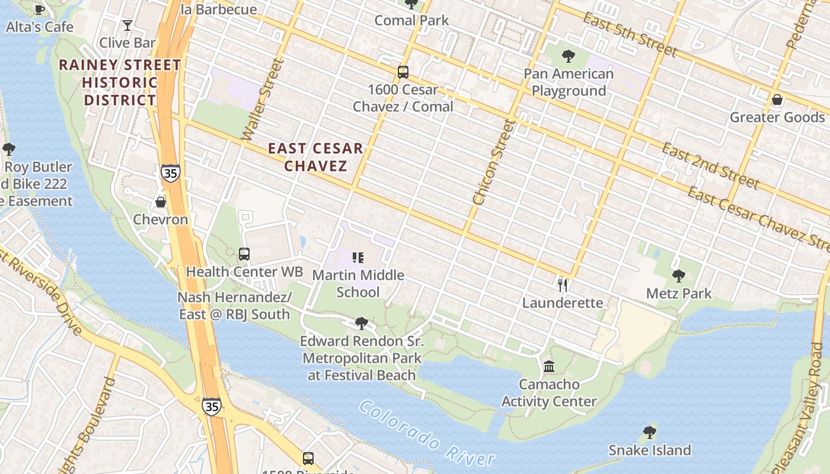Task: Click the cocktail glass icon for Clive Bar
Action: [x=127, y=25]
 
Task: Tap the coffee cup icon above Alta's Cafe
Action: [x=40, y=9]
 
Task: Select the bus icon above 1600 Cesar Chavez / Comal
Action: [x=403, y=72]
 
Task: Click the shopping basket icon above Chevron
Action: [x=160, y=202]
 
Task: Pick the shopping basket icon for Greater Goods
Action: [x=777, y=100]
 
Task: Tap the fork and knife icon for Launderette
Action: [x=563, y=286]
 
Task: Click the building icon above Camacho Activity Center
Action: [x=549, y=367]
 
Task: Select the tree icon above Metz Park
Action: [x=679, y=276]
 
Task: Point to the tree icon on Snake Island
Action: [x=650, y=432]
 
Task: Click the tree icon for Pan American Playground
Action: [x=569, y=56]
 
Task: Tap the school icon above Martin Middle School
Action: [x=358, y=258]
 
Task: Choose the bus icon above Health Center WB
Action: [x=244, y=254]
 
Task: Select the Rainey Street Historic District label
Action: [x=120, y=82]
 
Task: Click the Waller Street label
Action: [x=260, y=100]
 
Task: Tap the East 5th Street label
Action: [x=630, y=35]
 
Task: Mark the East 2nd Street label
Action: [x=710, y=165]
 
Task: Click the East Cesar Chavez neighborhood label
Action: [x=315, y=157]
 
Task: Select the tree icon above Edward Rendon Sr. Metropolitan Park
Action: [x=361, y=324]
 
